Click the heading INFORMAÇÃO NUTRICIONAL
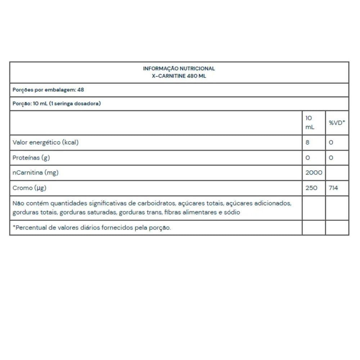(179, 68)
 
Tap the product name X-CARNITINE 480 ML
(179, 76)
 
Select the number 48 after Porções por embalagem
(81, 90)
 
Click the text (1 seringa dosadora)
(75, 103)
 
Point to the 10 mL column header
(310, 123)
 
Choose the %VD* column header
(337, 123)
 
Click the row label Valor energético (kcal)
(45, 142)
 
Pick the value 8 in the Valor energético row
(307, 142)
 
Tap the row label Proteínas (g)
(31, 158)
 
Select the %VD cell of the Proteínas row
(331, 158)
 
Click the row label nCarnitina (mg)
(35, 172)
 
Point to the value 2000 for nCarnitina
(314, 172)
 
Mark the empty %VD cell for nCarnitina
(337, 172)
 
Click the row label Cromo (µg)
(30, 188)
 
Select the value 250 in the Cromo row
(311, 188)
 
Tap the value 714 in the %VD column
(333, 188)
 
